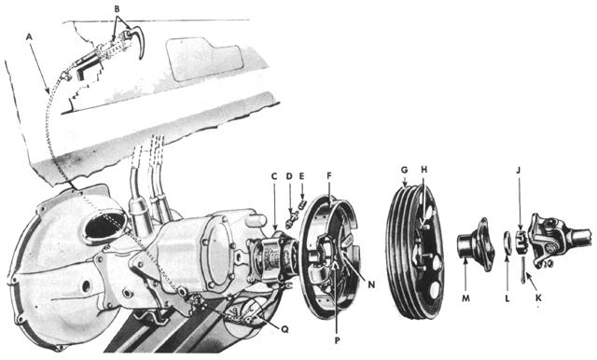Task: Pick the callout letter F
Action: [330, 174]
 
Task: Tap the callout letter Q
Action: [271, 326]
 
